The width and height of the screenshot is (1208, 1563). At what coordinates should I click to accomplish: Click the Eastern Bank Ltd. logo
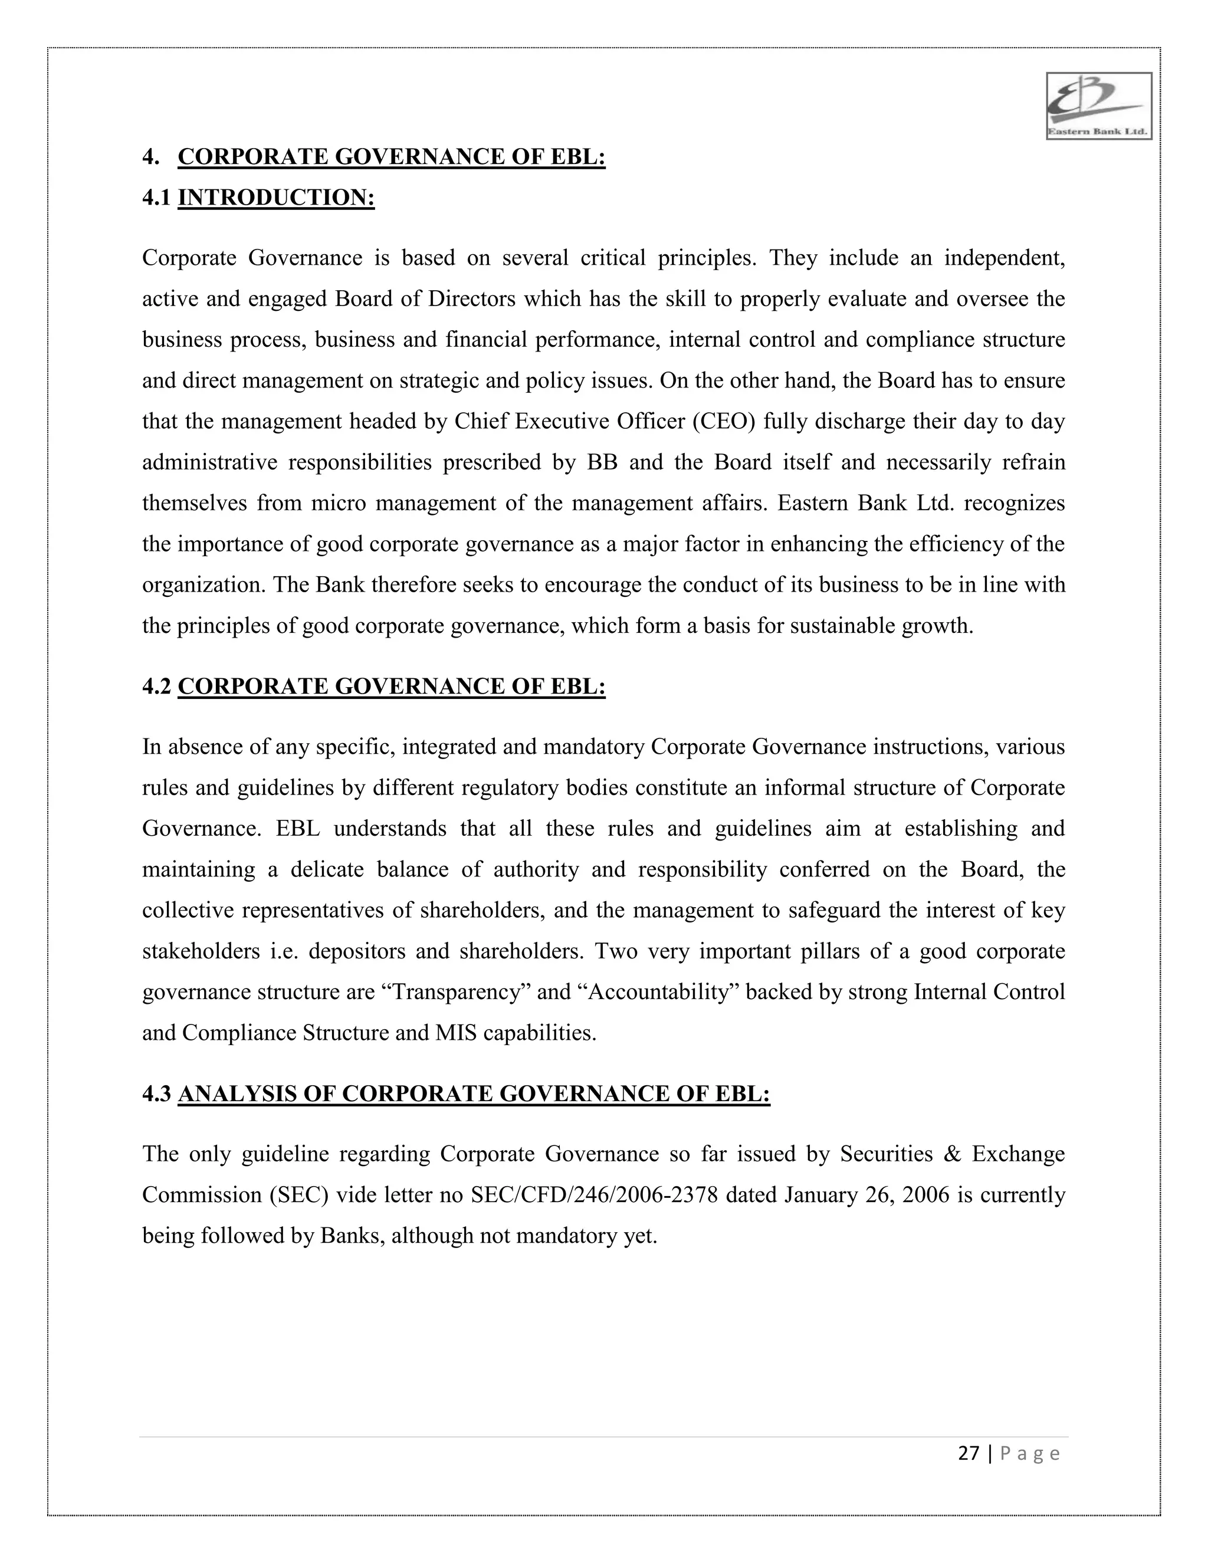[1098, 106]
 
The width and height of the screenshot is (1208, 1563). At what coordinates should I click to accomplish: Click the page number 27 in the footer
[969, 1453]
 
